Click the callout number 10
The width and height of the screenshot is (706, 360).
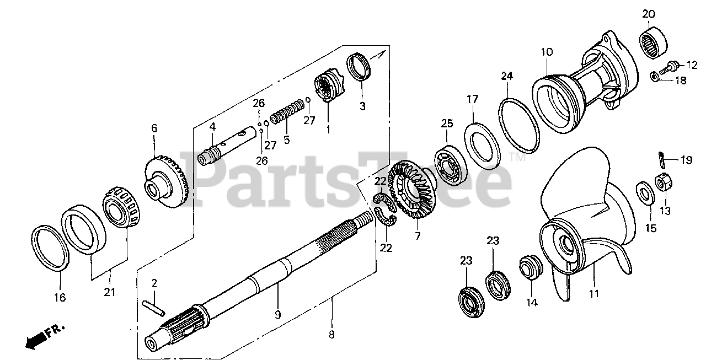point(546,52)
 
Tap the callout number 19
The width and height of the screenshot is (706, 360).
point(686,161)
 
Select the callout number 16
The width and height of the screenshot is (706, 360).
point(60,297)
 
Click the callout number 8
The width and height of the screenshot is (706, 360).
point(331,334)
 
